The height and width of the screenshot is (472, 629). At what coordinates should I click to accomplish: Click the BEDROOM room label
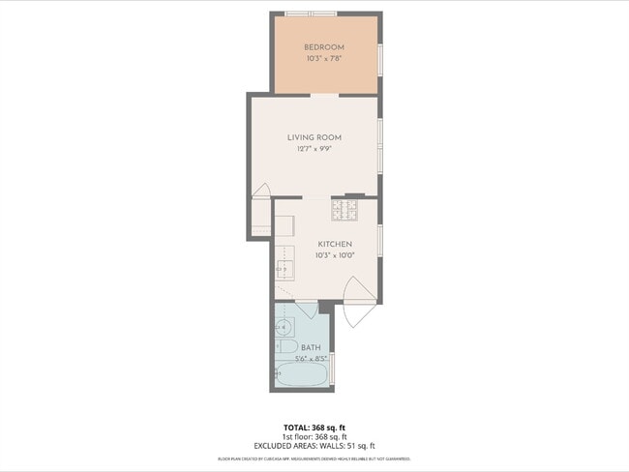pyautogui.click(x=324, y=47)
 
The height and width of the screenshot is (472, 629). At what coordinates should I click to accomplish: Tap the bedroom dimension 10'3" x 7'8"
pyautogui.click(x=324, y=58)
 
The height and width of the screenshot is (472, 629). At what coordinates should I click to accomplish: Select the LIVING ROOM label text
pyautogui.click(x=314, y=137)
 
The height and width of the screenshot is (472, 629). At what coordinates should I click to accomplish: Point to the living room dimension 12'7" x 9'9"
pyautogui.click(x=314, y=149)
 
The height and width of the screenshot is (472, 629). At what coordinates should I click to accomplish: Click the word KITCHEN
pyautogui.click(x=334, y=244)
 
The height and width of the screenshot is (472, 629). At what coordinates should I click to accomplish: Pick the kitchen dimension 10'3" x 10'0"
pyautogui.click(x=334, y=255)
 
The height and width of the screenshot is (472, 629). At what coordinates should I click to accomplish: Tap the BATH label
pyautogui.click(x=311, y=347)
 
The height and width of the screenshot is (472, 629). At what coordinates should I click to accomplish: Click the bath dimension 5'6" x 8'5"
pyautogui.click(x=311, y=358)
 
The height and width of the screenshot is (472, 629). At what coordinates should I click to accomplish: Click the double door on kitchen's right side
pyautogui.click(x=355, y=299)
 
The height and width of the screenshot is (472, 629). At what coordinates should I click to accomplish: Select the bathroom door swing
pyautogui.click(x=307, y=310)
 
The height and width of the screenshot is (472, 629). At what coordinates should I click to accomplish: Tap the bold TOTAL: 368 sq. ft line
pyautogui.click(x=314, y=427)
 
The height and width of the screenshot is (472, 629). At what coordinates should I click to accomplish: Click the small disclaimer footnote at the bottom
pyautogui.click(x=314, y=458)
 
